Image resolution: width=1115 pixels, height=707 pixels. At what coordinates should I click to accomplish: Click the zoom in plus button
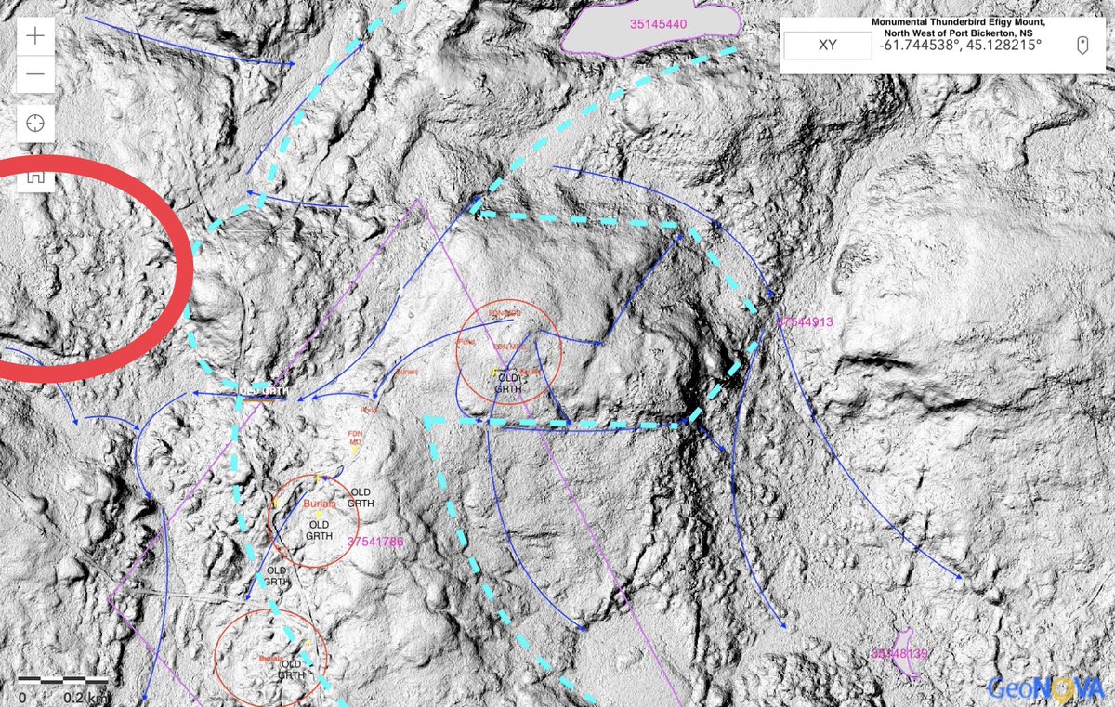click(x=35, y=36)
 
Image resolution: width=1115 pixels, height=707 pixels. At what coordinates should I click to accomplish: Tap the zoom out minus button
click(x=35, y=75)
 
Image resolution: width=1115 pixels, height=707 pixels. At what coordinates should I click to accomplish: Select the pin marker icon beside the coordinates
click(x=1082, y=45)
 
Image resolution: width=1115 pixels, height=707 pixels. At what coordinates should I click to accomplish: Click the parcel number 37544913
click(x=805, y=321)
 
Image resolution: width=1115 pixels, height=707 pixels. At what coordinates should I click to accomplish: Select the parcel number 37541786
click(x=375, y=541)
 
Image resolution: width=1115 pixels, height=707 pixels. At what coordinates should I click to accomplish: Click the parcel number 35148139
click(x=899, y=654)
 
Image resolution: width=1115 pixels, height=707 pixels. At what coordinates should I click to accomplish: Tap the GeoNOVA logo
click(x=1044, y=687)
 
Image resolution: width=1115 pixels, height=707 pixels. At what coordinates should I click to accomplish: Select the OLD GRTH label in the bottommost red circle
click(x=291, y=670)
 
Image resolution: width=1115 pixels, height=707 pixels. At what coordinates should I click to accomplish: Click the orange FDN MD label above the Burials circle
click(x=353, y=438)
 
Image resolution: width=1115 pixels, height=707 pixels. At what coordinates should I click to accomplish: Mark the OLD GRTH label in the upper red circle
click(x=508, y=384)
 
